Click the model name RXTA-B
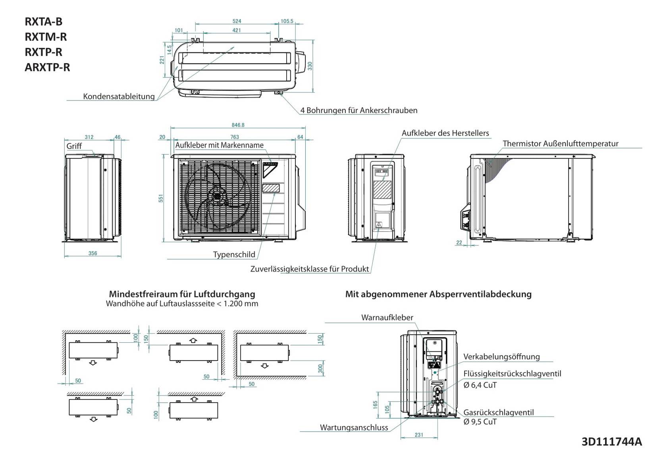[43, 21]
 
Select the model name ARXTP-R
[47, 67]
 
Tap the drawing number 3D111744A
[611, 442]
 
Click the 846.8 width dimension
[238, 125]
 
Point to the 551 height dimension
[161, 198]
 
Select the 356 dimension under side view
[93, 253]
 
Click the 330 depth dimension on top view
[310, 66]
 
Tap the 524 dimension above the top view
[237, 21]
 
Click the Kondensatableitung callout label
[119, 96]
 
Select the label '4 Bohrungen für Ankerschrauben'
[359, 110]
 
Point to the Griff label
[74, 146]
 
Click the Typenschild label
[234, 255]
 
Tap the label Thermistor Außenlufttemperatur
[560, 144]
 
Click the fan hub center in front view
[218, 196]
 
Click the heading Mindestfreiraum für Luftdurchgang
[182, 294]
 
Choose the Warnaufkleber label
[387, 318]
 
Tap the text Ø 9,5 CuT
[480, 422]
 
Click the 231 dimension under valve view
[419, 435]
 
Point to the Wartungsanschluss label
[354, 428]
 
